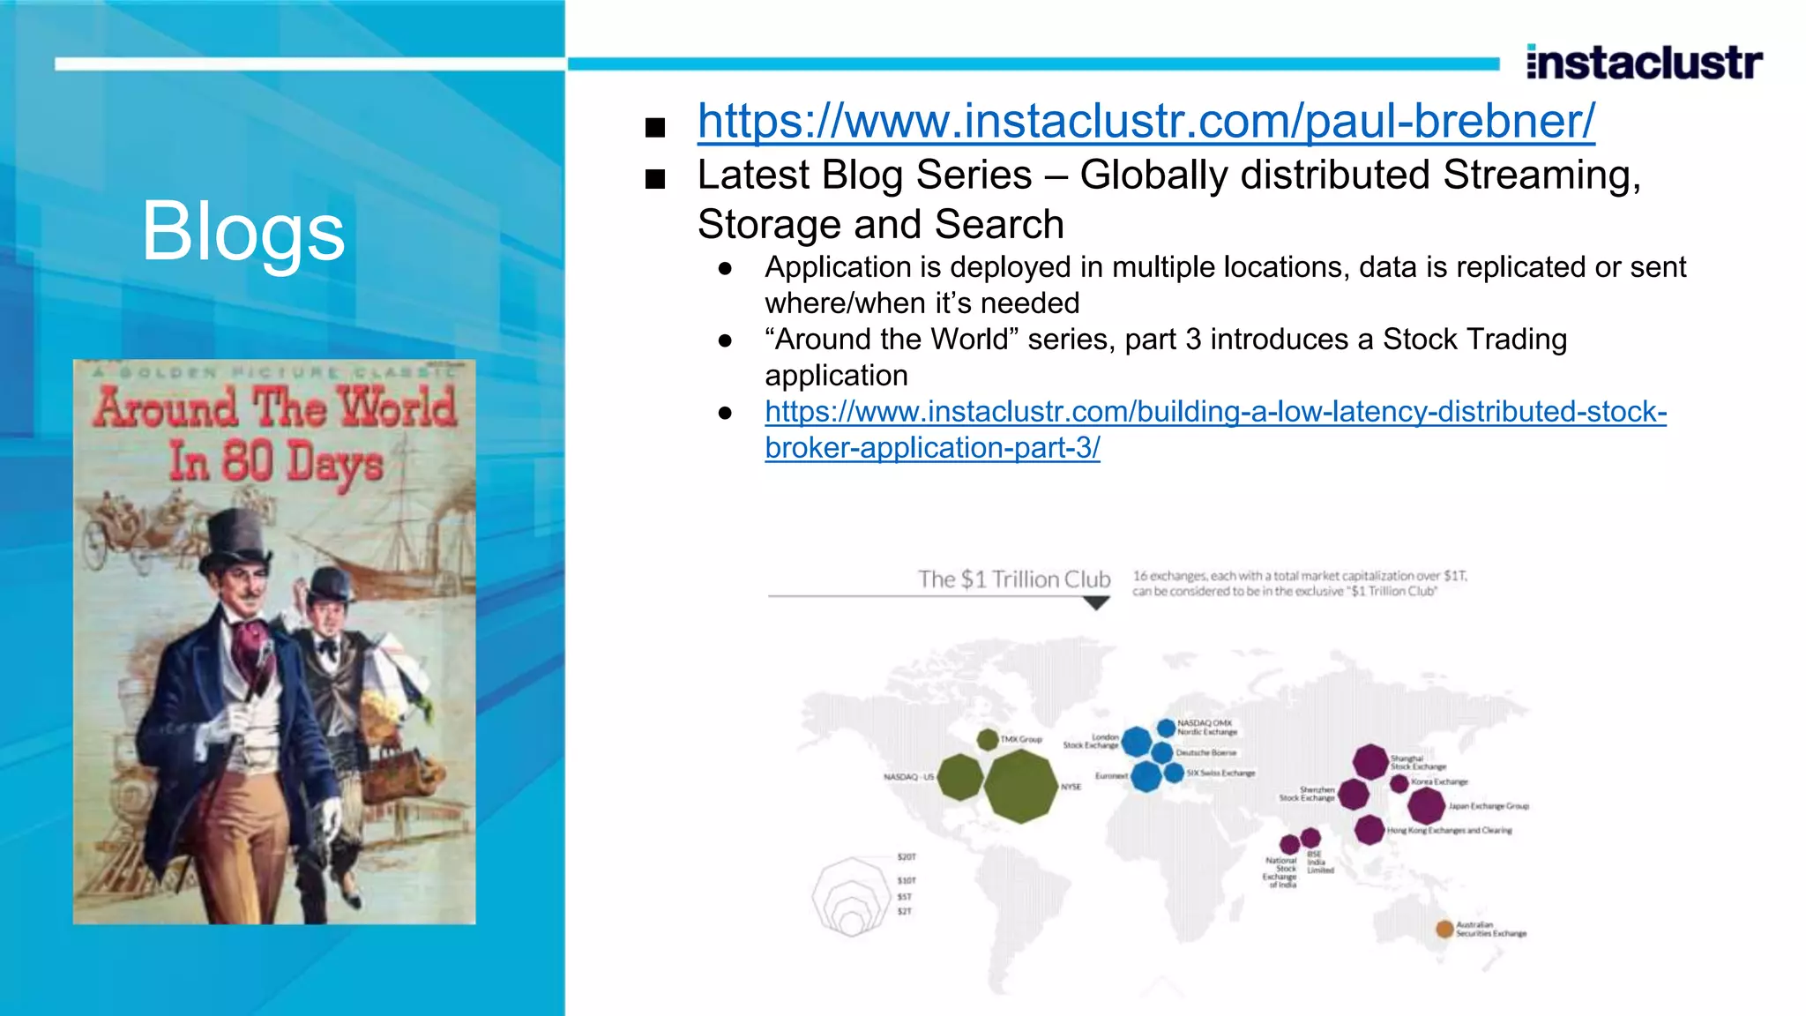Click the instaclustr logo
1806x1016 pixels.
click(1644, 62)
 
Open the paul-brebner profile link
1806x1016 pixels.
click(1146, 121)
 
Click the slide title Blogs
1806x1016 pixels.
click(243, 230)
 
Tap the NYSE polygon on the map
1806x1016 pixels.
click(1020, 786)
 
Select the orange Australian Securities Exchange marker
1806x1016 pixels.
click(1444, 929)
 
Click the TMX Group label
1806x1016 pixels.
click(1021, 739)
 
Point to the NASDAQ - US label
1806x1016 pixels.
click(908, 777)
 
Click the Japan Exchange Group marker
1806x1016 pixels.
click(1425, 805)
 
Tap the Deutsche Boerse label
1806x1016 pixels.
click(1206, 753)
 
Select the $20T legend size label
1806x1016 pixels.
click(907, 857)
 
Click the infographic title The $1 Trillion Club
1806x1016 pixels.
click(1014, 579)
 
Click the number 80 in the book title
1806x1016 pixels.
click(247, 460)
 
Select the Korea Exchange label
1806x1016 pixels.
click(1439, 781)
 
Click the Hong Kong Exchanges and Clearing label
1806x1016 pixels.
click(1449, 830)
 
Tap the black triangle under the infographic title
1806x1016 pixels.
click(1095, 603)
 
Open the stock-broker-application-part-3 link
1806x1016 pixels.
click(1215, 412)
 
